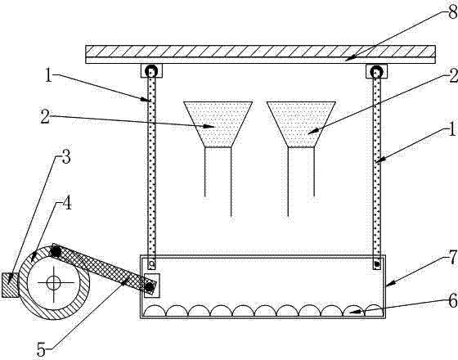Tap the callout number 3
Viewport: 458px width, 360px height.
pos(66,157)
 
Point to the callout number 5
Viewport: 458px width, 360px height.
pos(41,349)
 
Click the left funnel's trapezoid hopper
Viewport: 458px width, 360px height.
pos(218,124)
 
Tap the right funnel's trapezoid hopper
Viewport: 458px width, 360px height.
pos(301,124)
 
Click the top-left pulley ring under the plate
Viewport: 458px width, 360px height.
pos(151,71)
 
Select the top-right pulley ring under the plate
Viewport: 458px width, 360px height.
pos(376,71)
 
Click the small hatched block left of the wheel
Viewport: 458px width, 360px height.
pos(11,286)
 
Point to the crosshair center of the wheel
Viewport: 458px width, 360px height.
pos(54,282)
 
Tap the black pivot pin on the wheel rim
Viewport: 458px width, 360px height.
pos(56,251)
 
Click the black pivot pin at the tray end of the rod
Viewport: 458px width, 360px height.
pos(150,287)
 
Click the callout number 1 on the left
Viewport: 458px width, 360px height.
pos(48,74)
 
